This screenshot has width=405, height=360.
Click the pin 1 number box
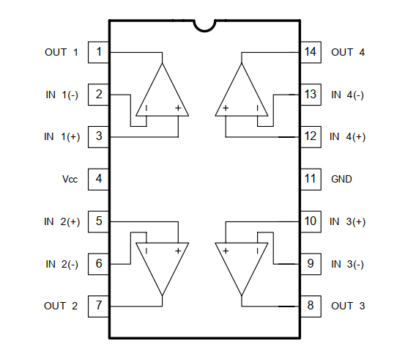pyautogui.click(x=98, y=52)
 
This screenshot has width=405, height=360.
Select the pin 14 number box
pyautogui.click(x=311, y=52)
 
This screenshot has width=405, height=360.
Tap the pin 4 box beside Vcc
pyautogui.click(x=98, y=180)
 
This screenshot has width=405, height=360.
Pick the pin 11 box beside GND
pyautogui.click(x=311, y=180)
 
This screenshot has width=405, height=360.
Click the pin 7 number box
pyautogui.click(x=98, y=306)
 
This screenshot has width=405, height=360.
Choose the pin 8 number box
pyautogui.click(x=311, y=306)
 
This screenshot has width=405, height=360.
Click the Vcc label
pyautogui.click(x=70, y=179)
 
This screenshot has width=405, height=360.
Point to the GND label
pyautogui.click(x=341, y=179)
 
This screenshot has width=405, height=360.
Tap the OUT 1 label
pyautogui.click(x=62, y=52)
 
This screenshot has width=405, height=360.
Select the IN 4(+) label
pyautogui.click(x=348, y=137)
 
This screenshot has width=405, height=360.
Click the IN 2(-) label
pyautogui.click(x=62, y=264)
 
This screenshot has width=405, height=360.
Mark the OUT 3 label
pyautogui.click(x=348, y=306)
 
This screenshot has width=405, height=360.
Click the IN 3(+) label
pyautogui.click(x=348, y=221)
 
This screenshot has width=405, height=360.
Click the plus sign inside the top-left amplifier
pyautogui.click(x=178, y=108)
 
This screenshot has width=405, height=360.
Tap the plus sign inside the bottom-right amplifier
pyautogui.click(x=226, y=251)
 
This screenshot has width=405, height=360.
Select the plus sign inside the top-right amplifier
pyautogui.click(x=226, y=108)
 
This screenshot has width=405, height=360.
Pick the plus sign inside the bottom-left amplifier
pyautogui.click(x=178, y=251)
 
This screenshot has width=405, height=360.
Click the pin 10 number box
pyautogui.click(x=311, y=222)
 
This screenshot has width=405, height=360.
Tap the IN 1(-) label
pyautogui.click(x=62, y=95)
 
